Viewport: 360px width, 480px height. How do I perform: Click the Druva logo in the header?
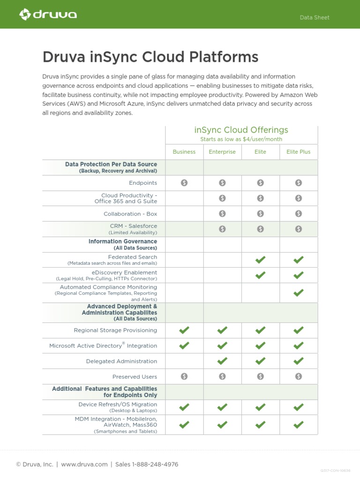[48, 15]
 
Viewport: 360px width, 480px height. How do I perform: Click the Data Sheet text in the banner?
[315, 17]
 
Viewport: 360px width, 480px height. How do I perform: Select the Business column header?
[184, 152]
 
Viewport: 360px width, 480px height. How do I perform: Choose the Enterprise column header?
[222, 152]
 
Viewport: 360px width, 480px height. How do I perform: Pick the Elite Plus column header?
[299, 152]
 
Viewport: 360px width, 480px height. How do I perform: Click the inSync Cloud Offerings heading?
[241, 130]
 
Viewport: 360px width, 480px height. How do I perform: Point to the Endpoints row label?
[143, 183]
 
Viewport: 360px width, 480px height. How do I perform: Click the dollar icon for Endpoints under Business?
[184, 183]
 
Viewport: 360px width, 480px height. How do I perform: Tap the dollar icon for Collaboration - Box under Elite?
[261, 214]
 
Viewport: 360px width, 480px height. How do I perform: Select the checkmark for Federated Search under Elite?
[261, 260]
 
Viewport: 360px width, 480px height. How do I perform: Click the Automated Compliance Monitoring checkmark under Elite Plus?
[299, 293]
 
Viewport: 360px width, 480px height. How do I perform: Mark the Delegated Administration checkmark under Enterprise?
[222, 361]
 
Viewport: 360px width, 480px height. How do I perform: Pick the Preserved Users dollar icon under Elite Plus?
[299, 376]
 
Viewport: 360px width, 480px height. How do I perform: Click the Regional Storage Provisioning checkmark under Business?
[184, 330]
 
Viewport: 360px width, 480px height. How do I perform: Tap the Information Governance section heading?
[123, 241]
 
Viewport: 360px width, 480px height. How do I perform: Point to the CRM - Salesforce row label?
[134, 226]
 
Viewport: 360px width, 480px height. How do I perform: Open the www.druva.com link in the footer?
[84, 465]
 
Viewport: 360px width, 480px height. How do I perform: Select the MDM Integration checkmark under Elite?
[261, 425]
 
